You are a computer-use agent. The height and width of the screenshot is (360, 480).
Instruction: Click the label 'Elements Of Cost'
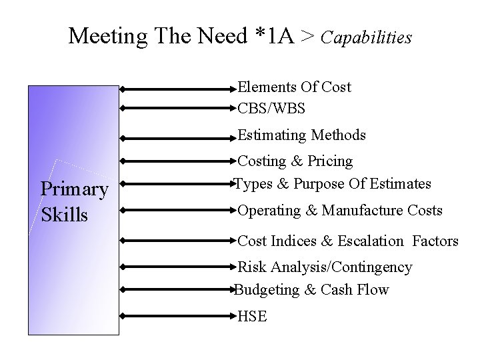[x=294, y=87]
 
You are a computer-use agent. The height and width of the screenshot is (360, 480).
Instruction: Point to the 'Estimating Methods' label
[x=301, y=135]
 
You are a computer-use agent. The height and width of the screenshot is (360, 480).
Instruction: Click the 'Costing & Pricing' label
[x=295, y=161]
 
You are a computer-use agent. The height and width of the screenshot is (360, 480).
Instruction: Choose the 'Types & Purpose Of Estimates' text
[x=333, y=183]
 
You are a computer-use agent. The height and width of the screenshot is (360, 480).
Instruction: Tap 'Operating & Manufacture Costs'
[x=340, y=211]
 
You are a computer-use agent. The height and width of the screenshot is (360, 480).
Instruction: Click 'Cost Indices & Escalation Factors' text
[x=348, y=241]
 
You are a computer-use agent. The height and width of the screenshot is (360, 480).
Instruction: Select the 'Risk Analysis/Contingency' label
[x=325, y=267]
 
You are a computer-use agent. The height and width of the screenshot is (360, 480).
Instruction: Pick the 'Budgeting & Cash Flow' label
[x=311, y=290]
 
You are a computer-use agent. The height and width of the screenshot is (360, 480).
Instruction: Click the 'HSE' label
[x=253, y=317]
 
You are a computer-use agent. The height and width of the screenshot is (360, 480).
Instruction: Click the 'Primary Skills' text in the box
[x=74, y=202]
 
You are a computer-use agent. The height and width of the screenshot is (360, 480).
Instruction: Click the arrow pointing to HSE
[x=179, y=315]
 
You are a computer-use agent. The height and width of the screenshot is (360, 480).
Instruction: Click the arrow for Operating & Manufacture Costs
[x=179, y=211]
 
